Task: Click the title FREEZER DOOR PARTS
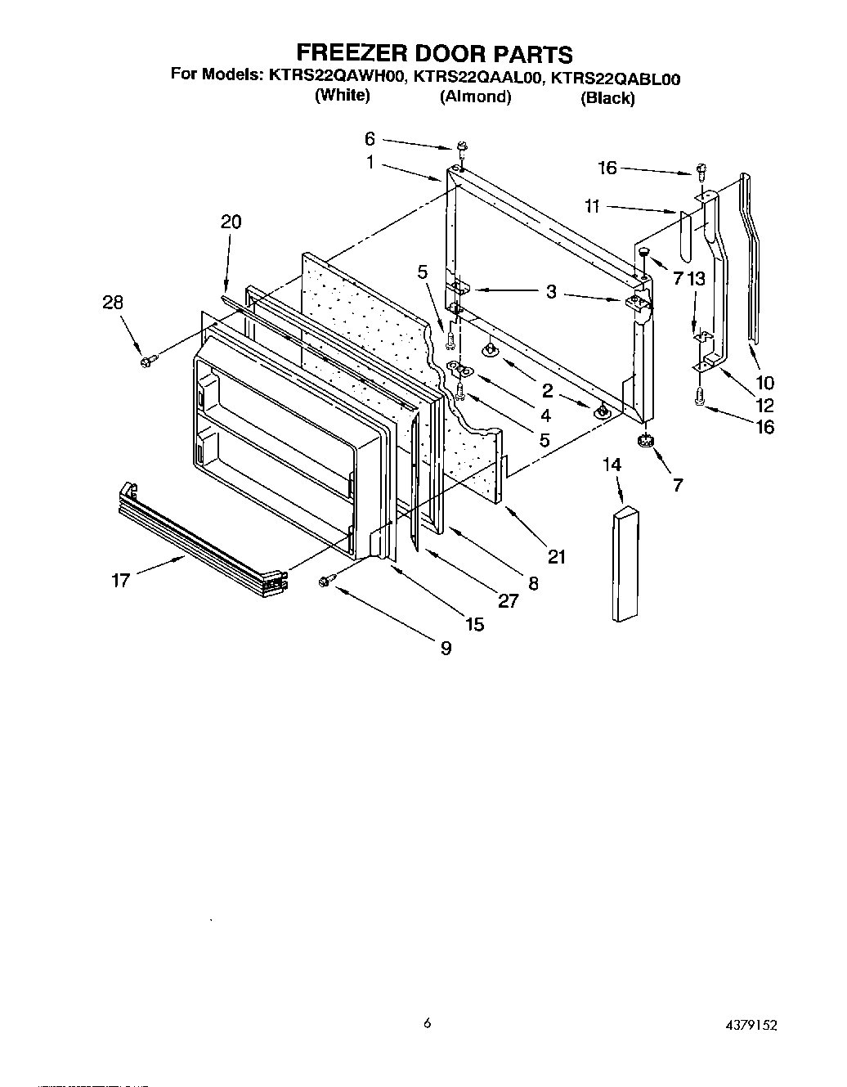pos(433,54)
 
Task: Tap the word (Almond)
pos(475,97)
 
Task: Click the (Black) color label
pos(607,98)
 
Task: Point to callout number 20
pos(231,222)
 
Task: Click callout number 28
pos(113,302)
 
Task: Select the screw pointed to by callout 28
pos(149,360)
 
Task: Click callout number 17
pos(121,582)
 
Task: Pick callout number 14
pos(612,465)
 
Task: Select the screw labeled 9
pos(326,580)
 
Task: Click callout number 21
pos(557,556)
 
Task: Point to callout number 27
pos(508,601)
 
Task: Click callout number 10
pos(764,382)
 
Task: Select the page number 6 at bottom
pos(428,1022)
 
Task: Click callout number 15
pos(474,624)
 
